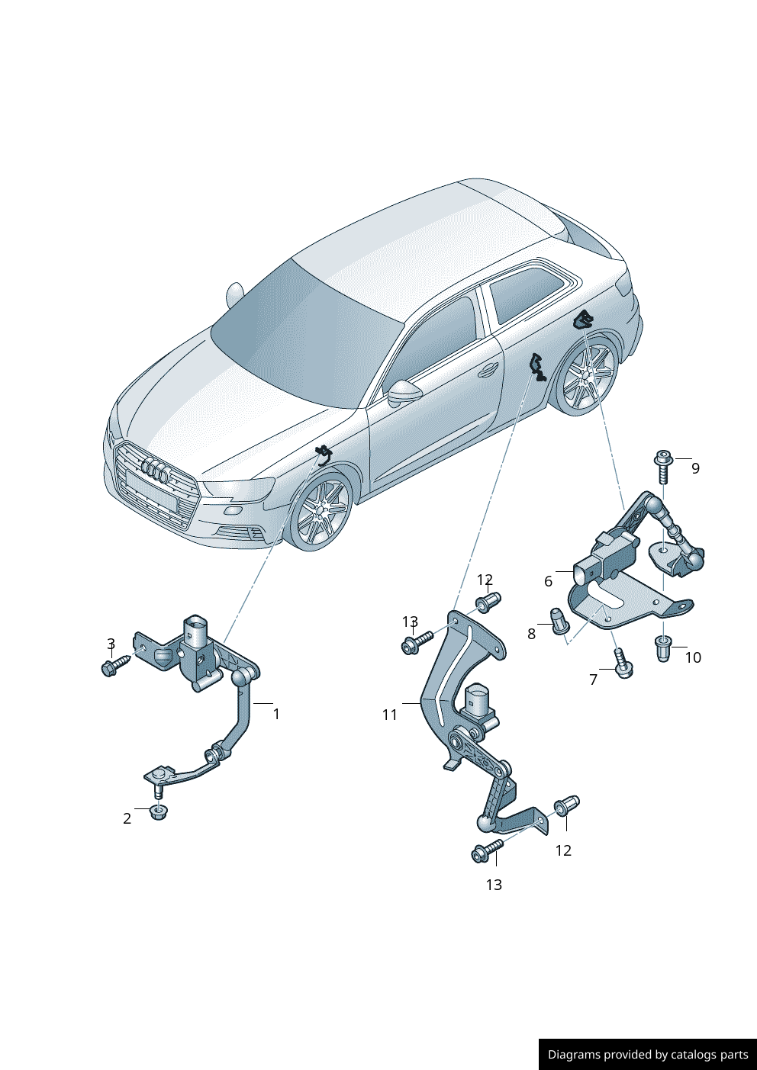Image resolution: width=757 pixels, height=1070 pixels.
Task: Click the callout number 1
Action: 275,714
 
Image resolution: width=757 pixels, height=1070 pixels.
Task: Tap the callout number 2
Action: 127,819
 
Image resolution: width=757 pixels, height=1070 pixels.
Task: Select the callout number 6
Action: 548,581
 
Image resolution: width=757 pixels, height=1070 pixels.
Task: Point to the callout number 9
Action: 695,468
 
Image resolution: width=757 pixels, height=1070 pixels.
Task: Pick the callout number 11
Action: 390,715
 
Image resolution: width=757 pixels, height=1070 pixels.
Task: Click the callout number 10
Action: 693,657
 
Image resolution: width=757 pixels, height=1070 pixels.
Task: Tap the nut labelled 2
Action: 157,812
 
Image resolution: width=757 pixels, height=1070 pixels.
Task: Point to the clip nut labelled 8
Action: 557,621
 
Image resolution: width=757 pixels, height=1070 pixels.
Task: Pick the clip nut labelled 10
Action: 664,649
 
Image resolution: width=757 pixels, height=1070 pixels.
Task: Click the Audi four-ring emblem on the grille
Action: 155,470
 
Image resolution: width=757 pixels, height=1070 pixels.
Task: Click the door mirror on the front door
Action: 405,393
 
